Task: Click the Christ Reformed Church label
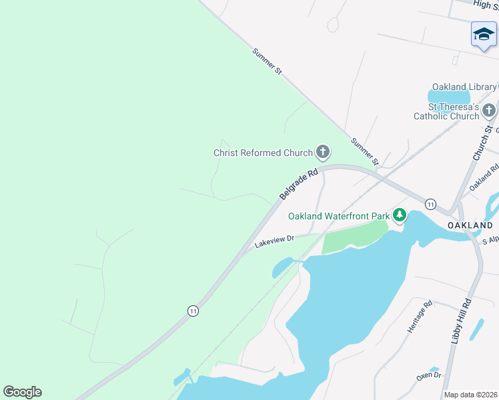click(x=263, y=153)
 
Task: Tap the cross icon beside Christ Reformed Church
click(x=323, y=153)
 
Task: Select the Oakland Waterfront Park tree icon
click(x=400, y=215)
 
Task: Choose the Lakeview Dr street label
click(x=274, y=242)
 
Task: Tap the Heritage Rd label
click(x=420, y=317)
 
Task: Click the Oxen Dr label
click(x=429, y=376)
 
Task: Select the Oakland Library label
click(x=464, y=87)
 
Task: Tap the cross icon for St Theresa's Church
click(x=490, y=110)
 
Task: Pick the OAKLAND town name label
click(x=470, y=225)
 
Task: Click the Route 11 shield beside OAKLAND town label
click(x=431, y=203)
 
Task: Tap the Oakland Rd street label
click(x=484, y=178)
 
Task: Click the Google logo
click(x=22, y=392)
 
